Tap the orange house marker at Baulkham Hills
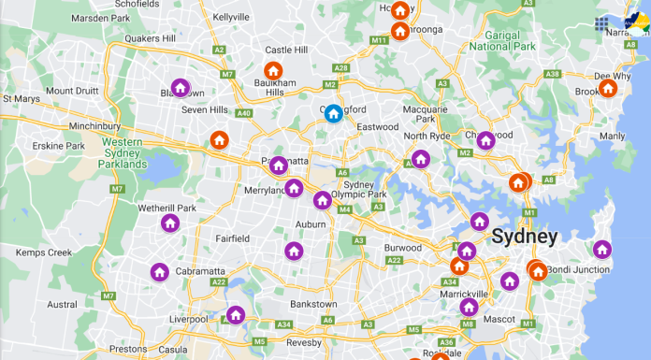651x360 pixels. [273, 71]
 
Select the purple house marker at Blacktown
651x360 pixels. [181, 88]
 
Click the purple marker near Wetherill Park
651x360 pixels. [170, 223]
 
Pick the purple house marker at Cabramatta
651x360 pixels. [160, 272]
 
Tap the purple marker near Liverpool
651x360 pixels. [234, 315]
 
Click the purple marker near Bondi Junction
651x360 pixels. [602, 250]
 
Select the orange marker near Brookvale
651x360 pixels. [608, 89]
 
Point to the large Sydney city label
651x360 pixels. [525, 236]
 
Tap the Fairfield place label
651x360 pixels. [231, 238]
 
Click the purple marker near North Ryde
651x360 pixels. [421, 159]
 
